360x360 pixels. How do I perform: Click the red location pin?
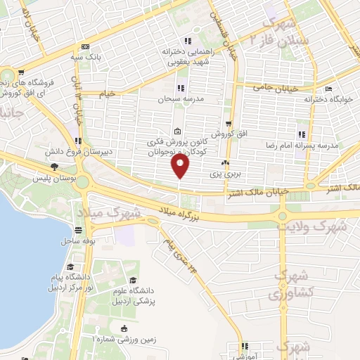coord(181,167)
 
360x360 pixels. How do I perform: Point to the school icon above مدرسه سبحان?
coord(180,89)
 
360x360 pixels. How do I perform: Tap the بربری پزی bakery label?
coord(227,171)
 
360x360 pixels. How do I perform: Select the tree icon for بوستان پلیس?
coord(54,167)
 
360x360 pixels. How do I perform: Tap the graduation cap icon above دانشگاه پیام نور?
coord(70,267)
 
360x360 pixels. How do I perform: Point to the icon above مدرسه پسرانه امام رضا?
coord(301,134)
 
